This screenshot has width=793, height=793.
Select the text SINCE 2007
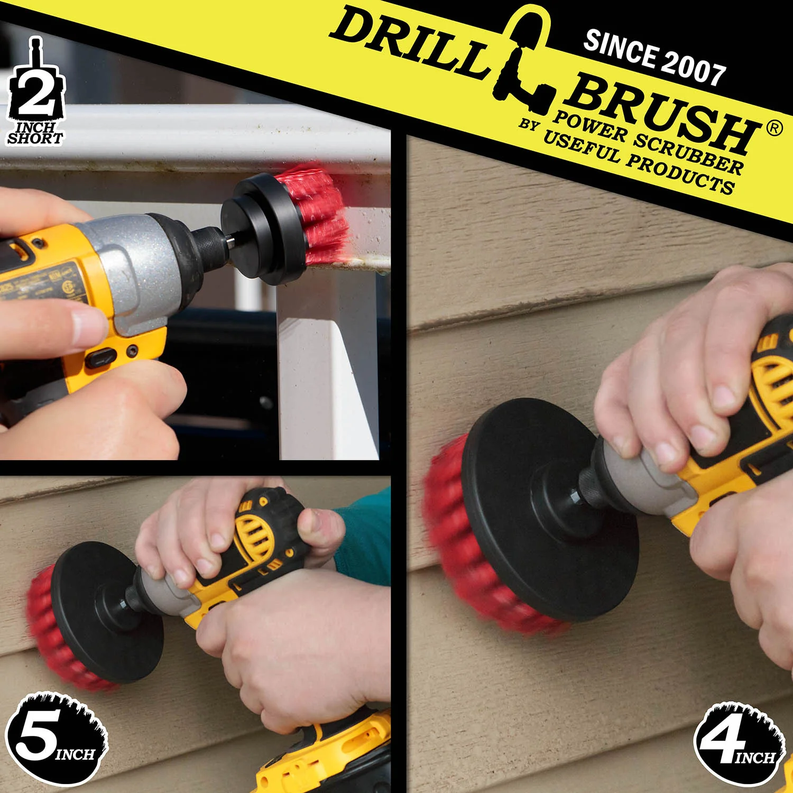click(x=654, y=58)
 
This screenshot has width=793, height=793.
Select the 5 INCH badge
click(x=56, y=738)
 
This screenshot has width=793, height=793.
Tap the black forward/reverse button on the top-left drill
click(x=101, y=358)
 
